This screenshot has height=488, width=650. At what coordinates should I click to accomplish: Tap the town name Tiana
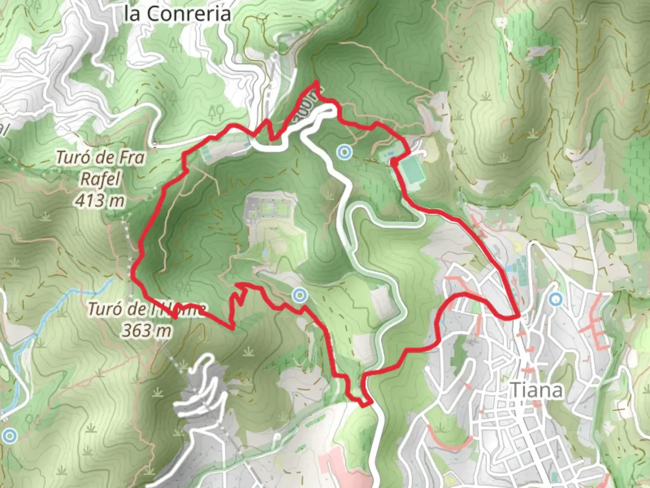click(x=536, y=390)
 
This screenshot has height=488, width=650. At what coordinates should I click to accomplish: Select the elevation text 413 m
click(x=100, y=200)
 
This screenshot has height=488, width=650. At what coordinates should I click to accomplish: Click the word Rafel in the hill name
click(x=101, y=179)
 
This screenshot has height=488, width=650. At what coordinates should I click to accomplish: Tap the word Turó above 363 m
click(x=105, y=309)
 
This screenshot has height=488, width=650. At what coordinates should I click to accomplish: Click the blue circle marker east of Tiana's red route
click(x=556, y=299)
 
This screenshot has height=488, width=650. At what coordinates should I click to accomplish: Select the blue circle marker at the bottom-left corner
click(x=9, y=436)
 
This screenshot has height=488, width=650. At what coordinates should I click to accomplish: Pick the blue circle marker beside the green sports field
click(x=344, y=152)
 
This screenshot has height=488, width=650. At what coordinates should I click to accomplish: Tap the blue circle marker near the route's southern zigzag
click(x=299, y=296)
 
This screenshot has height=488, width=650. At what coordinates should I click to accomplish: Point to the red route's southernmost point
click(x=364, y=405)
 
